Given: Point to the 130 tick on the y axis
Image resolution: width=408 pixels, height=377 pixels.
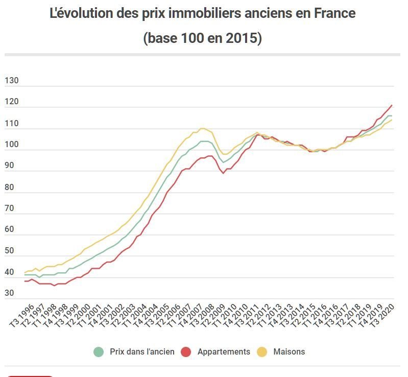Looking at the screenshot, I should (11, 81).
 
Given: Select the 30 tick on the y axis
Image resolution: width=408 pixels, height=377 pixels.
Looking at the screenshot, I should (9, 293).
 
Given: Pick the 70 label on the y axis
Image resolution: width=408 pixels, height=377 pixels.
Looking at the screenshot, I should (9, 208).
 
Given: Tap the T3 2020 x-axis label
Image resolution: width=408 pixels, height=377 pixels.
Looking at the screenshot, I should (386, 316).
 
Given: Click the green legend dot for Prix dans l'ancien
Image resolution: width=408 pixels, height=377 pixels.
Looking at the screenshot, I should (99, 351).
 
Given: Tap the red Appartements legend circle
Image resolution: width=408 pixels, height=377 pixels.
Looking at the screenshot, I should (186, 351).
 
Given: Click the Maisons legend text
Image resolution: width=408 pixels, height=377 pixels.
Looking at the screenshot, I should (289, 351).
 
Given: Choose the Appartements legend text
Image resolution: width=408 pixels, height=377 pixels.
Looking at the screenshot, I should (224, 351).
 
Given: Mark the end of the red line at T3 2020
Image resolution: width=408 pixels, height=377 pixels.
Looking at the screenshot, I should (392, 105).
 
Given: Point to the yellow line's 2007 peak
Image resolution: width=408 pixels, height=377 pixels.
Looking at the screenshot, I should (202, 128).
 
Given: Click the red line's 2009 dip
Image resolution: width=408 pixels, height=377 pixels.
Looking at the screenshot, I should (223, 173).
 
